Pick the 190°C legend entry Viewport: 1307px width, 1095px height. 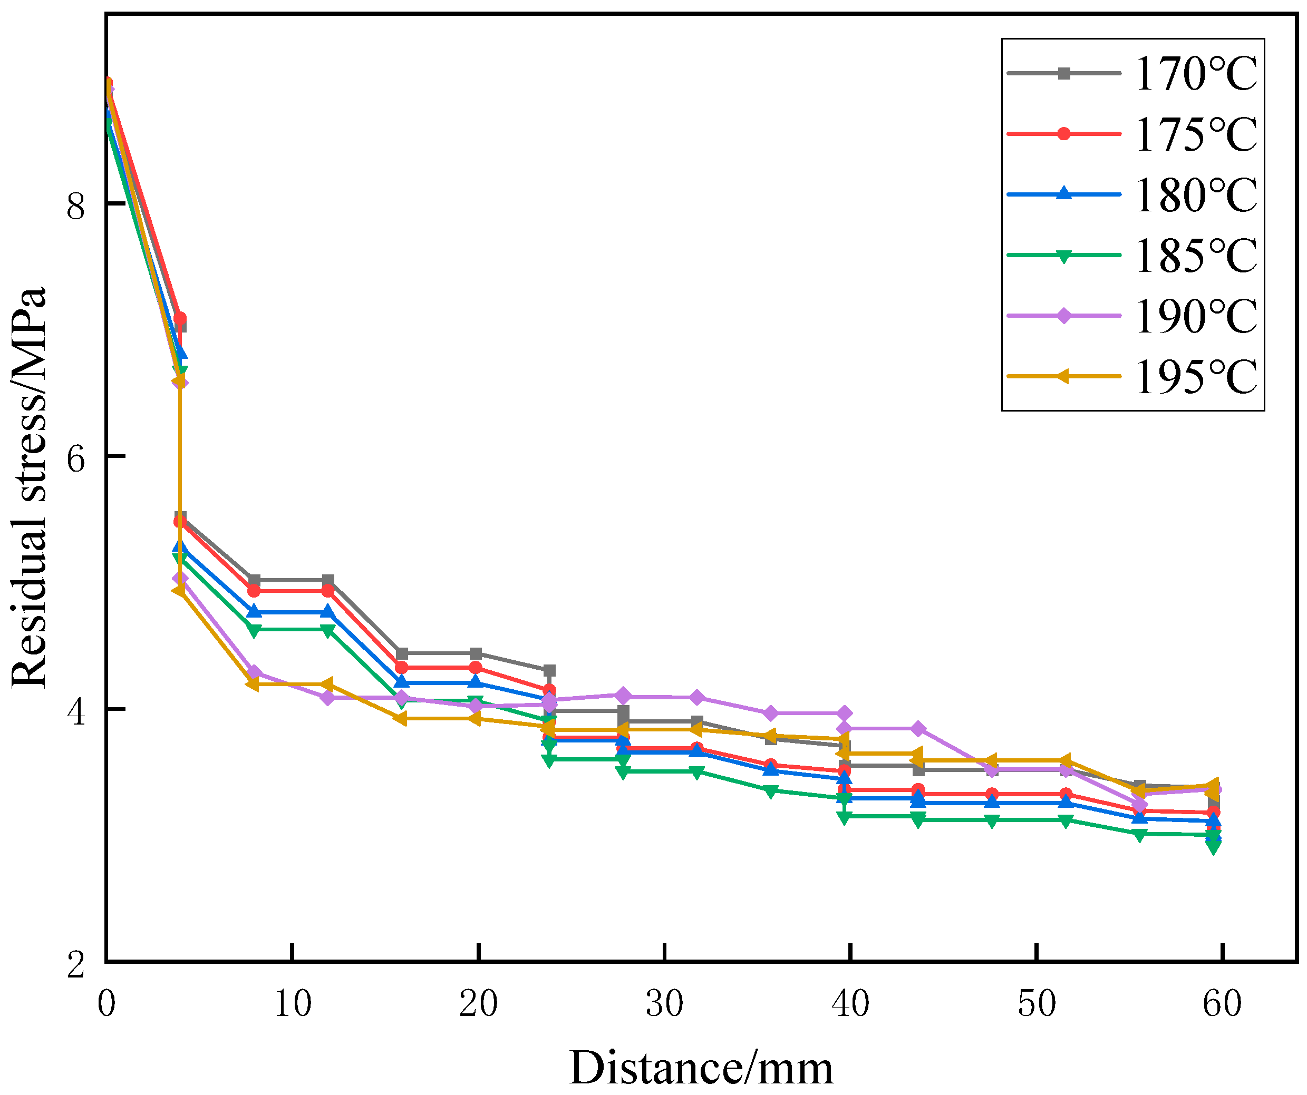[1196, 317]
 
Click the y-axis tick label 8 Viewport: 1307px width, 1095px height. [75, 206]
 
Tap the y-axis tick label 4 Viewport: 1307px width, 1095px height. [75, 713]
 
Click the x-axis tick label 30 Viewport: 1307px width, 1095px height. [665, 1003]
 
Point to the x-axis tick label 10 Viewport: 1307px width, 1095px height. [293, 1003]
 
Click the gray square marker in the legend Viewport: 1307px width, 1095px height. [1064, 73]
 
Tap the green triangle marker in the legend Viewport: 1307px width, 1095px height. [1064, 256]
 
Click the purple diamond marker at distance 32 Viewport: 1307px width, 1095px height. [696, 698]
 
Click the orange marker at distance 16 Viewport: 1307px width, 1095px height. [401, 719]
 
